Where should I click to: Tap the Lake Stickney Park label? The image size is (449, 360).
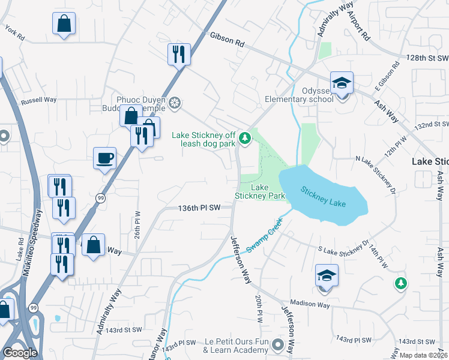click(259, 191)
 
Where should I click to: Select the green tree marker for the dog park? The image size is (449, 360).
click(244, 139)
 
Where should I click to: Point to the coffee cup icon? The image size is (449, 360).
click(105, 158)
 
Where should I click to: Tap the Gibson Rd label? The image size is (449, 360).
click(228, 40)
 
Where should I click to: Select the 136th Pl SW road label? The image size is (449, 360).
click(200, 208)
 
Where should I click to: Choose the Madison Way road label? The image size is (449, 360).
click(310, 305)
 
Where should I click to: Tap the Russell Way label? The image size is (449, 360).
click(38, 101)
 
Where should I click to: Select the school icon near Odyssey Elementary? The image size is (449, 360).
click(342, 83)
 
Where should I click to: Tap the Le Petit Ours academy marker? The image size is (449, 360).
click(277, 345)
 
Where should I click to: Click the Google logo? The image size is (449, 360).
click(20, 353)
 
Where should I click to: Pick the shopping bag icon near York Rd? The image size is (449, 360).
click(64, 25)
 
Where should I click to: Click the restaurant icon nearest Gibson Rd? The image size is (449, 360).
click(179, 55)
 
